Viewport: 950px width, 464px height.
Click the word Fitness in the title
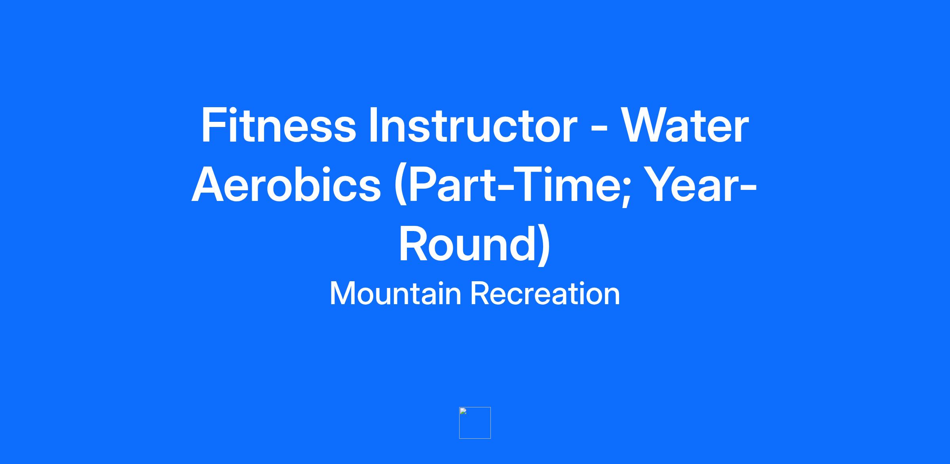coord(279,125)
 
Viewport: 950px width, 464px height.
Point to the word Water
coord(684,125)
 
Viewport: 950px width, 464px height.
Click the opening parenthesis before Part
coord(401,186)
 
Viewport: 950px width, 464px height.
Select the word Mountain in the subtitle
coord(395,294)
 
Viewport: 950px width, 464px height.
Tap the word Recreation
coord(545,294)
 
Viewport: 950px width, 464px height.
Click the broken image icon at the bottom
coord(475,423)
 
